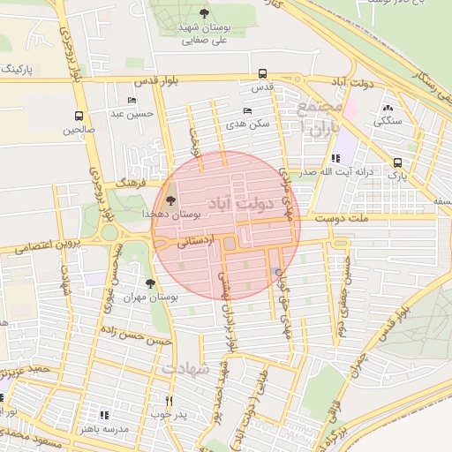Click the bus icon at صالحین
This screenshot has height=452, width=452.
79,116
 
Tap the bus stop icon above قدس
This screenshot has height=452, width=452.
261,74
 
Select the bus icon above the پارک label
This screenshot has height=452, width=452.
398,163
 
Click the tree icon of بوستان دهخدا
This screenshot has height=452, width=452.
170,200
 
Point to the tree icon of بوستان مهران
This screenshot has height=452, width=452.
149,283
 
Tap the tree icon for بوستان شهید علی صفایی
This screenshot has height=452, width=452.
204,13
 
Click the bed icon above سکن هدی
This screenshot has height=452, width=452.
246,110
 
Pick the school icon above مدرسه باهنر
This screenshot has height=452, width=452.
103,414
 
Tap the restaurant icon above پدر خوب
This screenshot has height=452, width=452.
169,400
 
